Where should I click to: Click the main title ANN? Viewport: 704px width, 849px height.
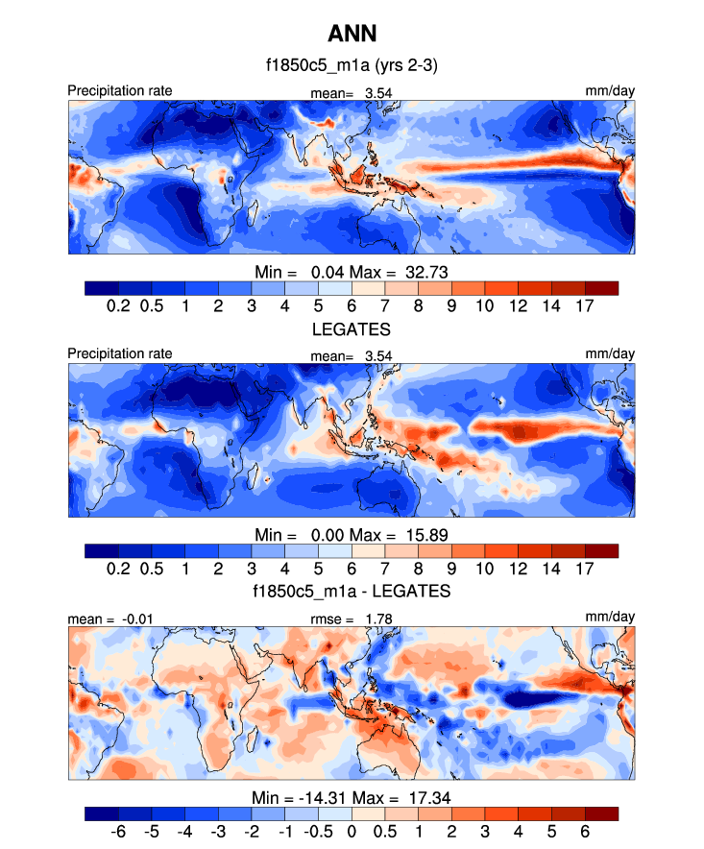[x=352, y=34]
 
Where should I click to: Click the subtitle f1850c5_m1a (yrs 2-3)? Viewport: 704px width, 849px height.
[x=352, y=66]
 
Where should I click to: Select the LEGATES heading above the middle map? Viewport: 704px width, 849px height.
[x=352, y=328]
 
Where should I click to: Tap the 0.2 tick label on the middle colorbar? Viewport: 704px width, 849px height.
[x=119, y=569]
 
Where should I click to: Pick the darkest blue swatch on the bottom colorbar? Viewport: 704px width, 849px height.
[x=102, y=813]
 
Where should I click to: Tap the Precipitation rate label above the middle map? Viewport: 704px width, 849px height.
[x=120, y=353]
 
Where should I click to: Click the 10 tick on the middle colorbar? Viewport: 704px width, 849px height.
[x=484, y=569]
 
